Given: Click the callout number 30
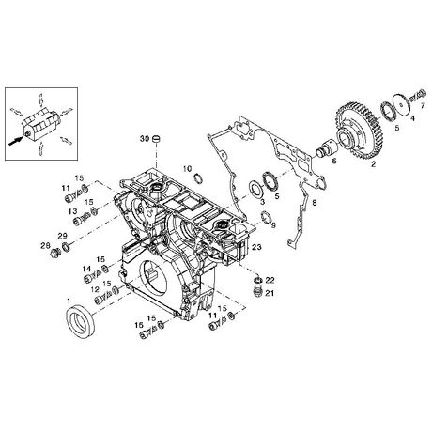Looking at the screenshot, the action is coord(145,138).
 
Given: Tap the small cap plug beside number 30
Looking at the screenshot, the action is coord(156,139).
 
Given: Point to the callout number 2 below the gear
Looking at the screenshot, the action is coord(373,164).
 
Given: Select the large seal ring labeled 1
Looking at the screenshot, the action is coord(80,322).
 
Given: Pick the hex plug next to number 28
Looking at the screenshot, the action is coord(55,253).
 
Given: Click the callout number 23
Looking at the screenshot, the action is coord(256,247).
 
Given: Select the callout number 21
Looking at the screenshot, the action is coord(270,293).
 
